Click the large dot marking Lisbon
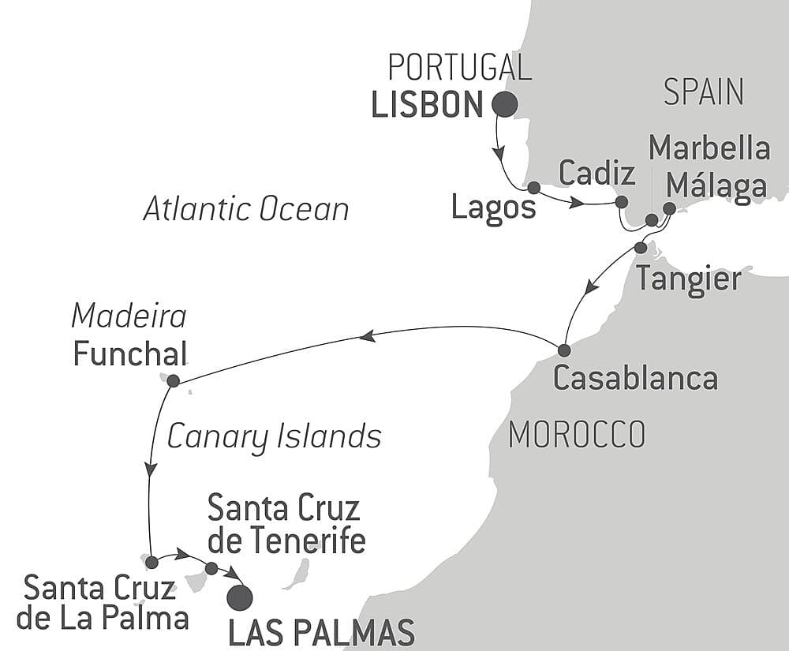coord(505,104)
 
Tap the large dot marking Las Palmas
coord(240,597)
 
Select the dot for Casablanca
coord(563,350)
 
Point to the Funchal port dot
coord(174,380)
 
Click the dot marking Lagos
coord(533,188)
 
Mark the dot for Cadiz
coord(621,202)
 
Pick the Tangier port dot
coord(641,248)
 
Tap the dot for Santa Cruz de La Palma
coord(151,563)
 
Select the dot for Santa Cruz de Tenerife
coord(211,568)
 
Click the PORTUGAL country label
coord(460,69)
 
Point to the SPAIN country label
coord(703,92)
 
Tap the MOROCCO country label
coord(577,434)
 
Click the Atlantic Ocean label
coord(246,210)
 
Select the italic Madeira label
coord(129,316)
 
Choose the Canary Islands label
coord(274,436)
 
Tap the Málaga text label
coord(716,186)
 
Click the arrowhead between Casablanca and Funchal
coord(366,336)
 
